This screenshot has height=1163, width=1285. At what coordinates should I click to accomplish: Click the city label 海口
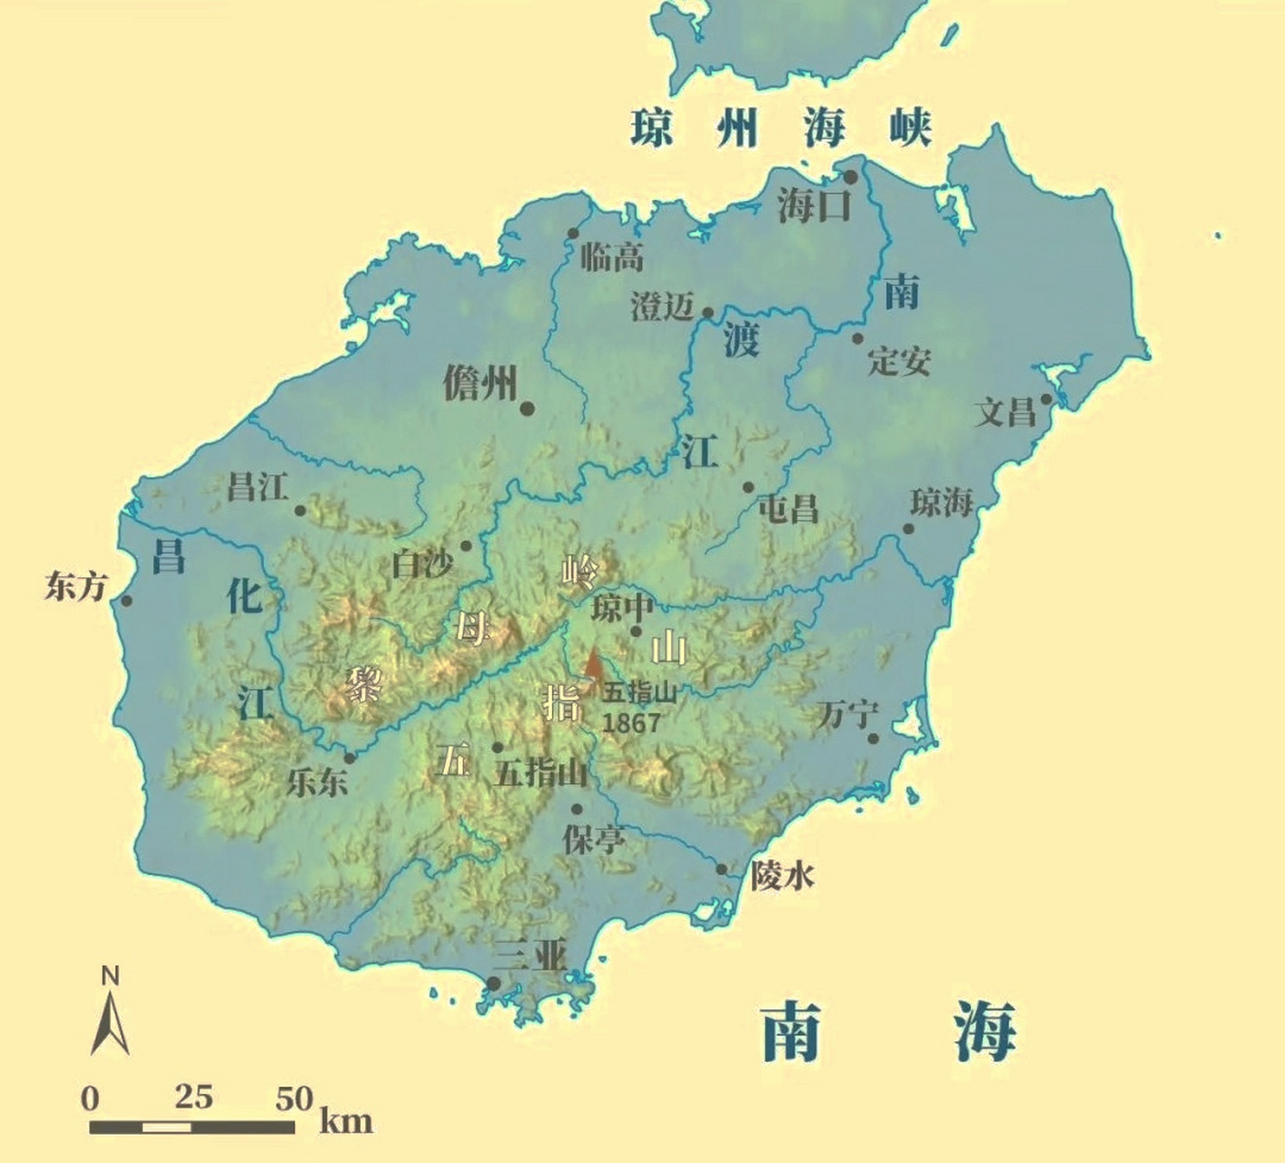[813, 205]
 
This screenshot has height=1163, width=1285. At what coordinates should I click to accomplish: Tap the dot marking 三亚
[493, 983]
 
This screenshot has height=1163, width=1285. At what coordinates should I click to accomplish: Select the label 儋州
[479, 383]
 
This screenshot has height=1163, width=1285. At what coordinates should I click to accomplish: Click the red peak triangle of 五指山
[593, 664]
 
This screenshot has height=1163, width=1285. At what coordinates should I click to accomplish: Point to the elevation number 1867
[631, 722]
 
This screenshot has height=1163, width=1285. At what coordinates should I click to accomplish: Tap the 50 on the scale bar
[294, 1098]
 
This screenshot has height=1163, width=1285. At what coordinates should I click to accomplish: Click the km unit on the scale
[346, 1120]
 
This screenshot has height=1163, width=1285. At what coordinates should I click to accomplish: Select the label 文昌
[1005, 413]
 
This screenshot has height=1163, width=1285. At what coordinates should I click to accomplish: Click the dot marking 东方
[127, 601]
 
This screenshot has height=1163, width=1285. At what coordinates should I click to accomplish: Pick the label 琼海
[942, 502]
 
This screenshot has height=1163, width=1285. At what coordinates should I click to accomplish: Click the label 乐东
[317, 781]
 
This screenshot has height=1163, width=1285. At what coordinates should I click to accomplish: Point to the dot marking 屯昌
[748, 488]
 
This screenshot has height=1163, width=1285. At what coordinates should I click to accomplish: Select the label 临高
[612, 258]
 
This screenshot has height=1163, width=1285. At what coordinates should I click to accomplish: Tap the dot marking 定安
[857, 339]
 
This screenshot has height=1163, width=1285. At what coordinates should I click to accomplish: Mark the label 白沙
[421, 564]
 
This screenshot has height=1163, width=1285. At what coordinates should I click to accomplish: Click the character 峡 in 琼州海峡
[910, 127]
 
